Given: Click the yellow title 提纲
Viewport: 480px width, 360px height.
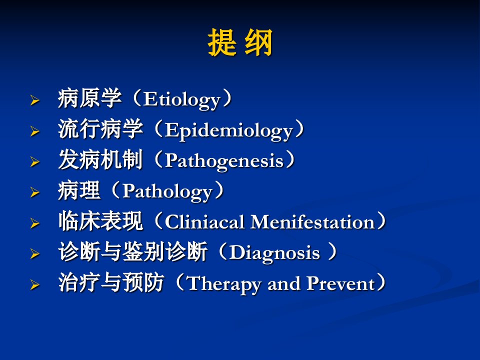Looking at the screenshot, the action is [x=240, y=42].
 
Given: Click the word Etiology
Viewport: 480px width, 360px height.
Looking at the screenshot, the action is [x=182, y=100].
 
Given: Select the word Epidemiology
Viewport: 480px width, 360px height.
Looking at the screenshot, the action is [x=229, y=130].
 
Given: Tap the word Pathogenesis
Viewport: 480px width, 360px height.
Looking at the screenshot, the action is [x=224, y=161].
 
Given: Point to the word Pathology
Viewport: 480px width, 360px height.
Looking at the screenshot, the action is [x=167, y=192].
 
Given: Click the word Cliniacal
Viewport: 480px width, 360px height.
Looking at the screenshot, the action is [x=204, y=221].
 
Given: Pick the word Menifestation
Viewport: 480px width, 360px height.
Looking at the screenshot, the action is [x=312, y=221].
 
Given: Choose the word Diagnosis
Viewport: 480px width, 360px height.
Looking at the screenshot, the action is [x=274, y=253].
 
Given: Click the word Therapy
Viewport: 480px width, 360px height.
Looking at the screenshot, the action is [x=224, y=284].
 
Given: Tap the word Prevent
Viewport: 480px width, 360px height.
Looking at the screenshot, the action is [x=340, y=283].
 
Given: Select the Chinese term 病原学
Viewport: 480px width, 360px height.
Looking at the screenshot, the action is [x=89, y=98].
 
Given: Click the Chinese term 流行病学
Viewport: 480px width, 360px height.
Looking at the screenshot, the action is [x=100, y=129].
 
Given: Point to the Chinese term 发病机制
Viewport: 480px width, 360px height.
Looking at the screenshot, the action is [x=100, y=160].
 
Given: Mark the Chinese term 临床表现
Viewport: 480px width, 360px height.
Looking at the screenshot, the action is [x=100, y=221].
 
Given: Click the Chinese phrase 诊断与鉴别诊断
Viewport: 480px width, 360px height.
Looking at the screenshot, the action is [x=132, y=251].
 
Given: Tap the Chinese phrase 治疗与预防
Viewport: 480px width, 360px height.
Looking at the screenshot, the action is [x=111, y=282].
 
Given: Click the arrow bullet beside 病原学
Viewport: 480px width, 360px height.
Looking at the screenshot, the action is [x=35, y=100].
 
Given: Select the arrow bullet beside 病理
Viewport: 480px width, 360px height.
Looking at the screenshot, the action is [x=35, y=192].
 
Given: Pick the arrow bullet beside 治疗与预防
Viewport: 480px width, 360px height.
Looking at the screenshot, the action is [x=35, y=285].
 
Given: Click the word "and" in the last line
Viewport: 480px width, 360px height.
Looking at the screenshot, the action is [x=284, y=283].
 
